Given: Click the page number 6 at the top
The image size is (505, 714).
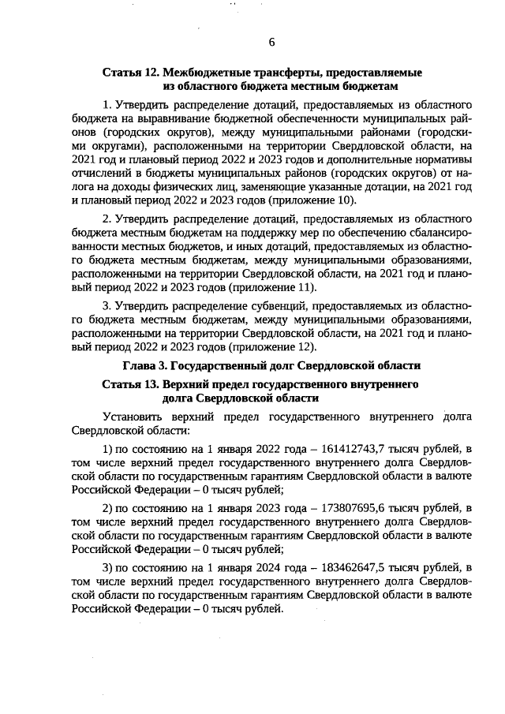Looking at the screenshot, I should pyautogui.click(x=271, y=42).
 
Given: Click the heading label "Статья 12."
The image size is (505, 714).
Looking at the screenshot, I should pyautogui.click(x=130, y=72).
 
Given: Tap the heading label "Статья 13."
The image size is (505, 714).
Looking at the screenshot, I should pyautogui.click(x=130, y=384).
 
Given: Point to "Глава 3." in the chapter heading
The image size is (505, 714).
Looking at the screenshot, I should pyautogui.click(x=146, y=366).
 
